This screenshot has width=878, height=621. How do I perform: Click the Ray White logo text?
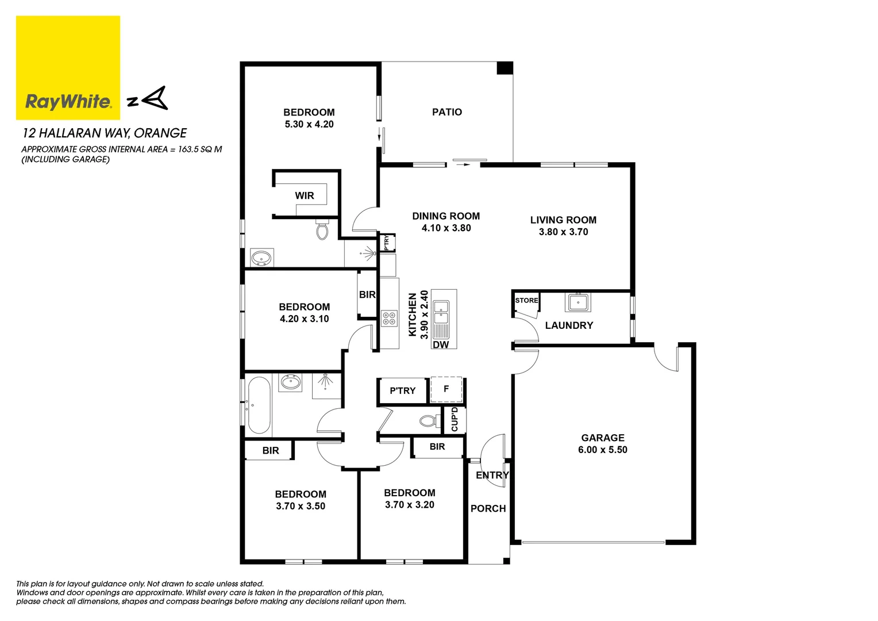68,102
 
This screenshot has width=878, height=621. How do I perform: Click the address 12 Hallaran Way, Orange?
105,133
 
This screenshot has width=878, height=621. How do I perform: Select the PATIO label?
446,112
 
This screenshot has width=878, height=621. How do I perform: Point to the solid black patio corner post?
504,68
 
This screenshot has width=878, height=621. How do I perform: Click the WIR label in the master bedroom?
305,195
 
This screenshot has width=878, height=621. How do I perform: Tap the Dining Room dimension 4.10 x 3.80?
446,228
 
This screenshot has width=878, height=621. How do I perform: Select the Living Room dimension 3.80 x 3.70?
563,232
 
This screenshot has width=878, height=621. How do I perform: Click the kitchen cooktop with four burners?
389,318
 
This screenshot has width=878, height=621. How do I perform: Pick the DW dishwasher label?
441,344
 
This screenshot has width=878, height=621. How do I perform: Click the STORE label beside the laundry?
526,300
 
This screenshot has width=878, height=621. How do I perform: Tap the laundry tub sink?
578,301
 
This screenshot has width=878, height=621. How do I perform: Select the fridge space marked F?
446,389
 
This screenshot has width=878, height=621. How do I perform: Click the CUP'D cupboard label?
455,420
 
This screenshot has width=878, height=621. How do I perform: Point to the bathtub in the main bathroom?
259,405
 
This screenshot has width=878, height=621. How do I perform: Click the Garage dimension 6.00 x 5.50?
602,450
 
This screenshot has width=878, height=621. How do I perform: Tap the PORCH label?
488,508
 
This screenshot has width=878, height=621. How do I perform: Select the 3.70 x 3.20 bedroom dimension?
409,505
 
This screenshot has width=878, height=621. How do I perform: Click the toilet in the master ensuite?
322,230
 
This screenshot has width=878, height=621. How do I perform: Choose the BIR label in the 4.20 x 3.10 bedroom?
367,294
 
